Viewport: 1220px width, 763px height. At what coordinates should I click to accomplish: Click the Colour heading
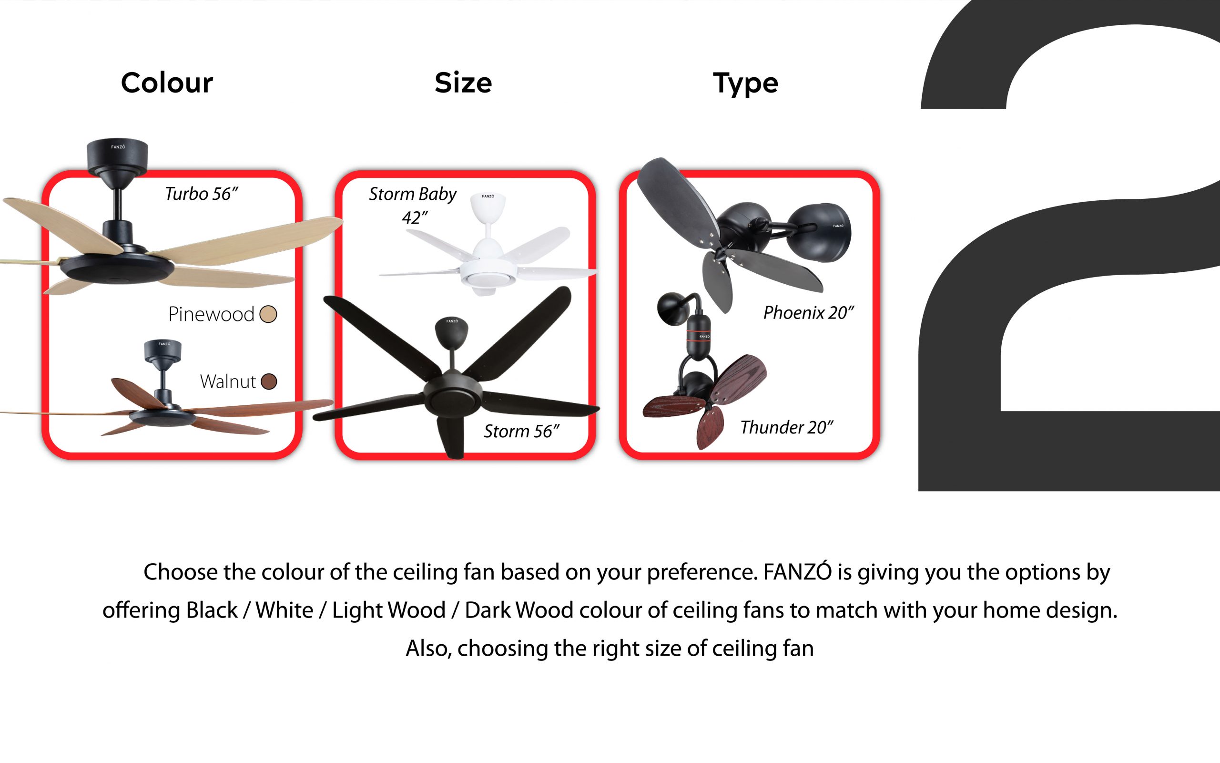tap(167, 83)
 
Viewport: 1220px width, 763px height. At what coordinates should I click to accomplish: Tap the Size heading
tap(463, 83)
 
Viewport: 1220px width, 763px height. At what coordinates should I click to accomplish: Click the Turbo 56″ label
tap(201, 194)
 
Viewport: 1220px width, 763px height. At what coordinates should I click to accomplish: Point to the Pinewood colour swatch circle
tap(268, 314)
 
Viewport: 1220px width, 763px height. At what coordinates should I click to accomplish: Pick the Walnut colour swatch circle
tap(269, 381)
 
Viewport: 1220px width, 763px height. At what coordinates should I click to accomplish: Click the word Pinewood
tap(211, 314)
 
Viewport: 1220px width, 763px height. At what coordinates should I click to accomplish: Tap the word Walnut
tap(228, 381)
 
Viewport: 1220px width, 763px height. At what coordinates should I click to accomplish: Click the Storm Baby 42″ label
tap(413, 206)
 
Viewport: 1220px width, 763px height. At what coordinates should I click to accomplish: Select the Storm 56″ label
tap(522, 432)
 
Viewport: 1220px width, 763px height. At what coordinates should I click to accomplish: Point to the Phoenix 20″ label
tap(808, 313)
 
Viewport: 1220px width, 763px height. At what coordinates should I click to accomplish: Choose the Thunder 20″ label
tap(786, 427)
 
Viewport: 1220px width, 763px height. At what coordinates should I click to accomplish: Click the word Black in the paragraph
tap(212, 610)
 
